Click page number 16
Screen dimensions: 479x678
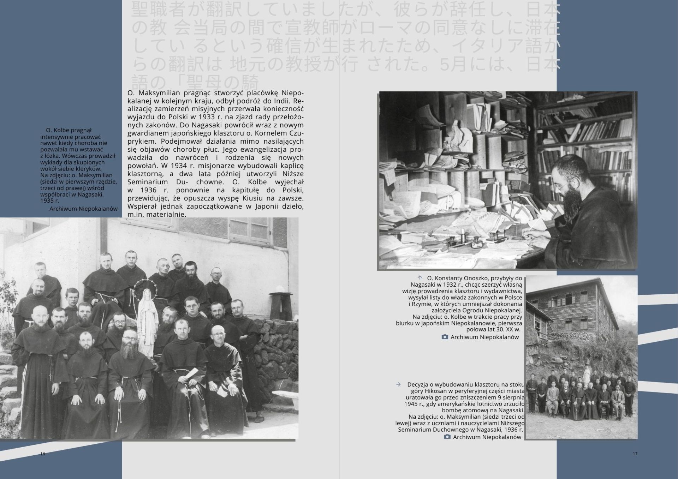pos(43,454)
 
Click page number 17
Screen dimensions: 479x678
pos(635,454)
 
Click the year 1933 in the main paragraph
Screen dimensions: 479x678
pos(206,117)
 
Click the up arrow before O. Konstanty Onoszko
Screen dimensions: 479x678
pos(420,278)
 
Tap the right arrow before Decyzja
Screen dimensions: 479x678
pos(399,384)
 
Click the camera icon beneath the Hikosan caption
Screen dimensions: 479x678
pos(447,437)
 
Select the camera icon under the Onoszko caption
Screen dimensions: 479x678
pos(445,337)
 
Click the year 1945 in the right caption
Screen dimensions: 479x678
pos(411,404)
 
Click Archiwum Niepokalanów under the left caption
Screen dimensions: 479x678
pos(83,209)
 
